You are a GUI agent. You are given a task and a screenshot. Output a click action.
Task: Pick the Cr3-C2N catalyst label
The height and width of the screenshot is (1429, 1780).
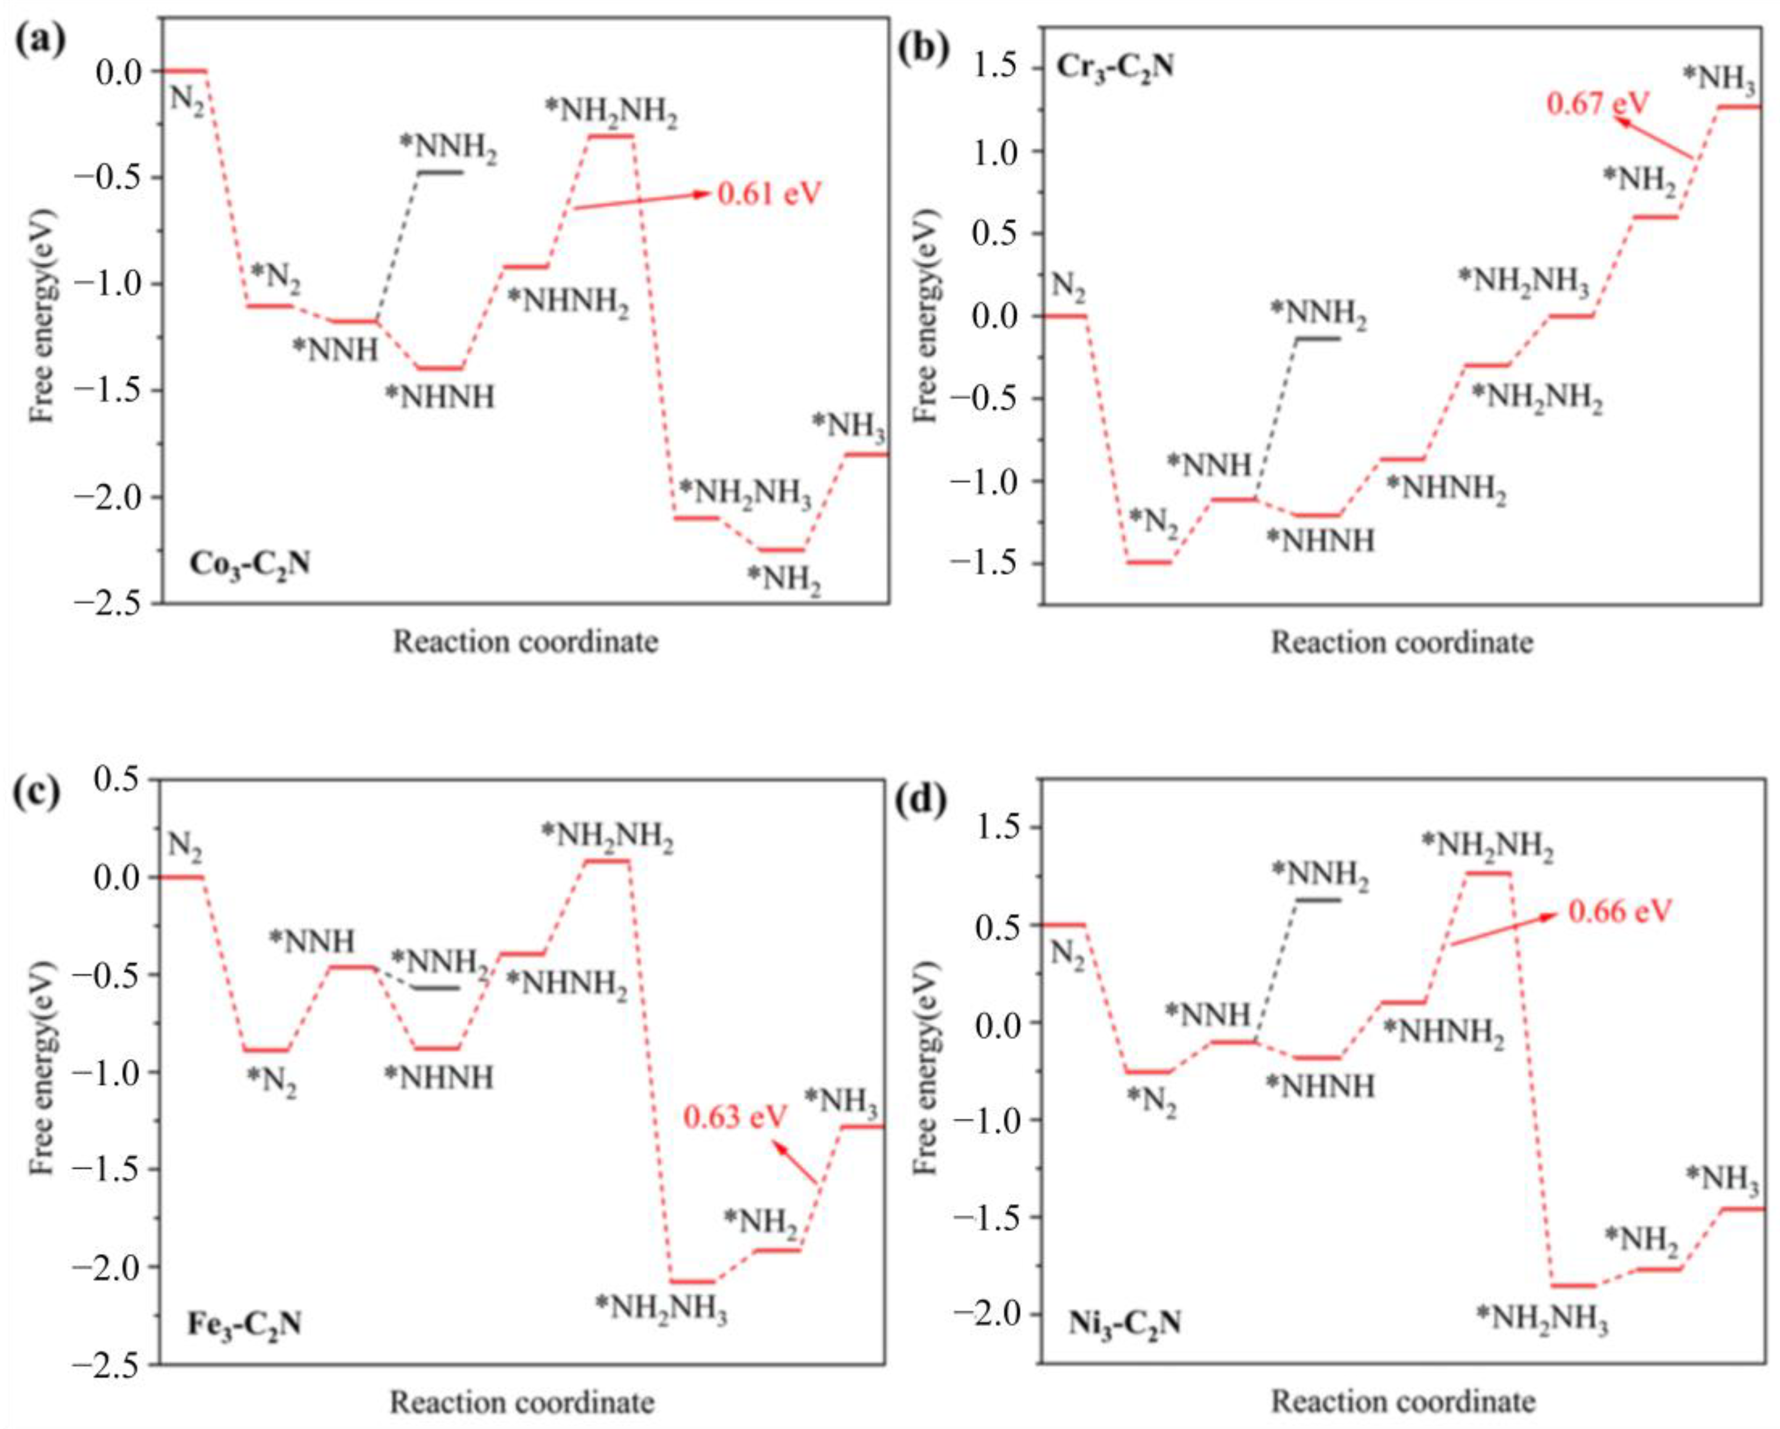[1115, 66]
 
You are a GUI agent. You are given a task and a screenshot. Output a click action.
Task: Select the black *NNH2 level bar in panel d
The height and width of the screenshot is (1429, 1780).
[1318, 899]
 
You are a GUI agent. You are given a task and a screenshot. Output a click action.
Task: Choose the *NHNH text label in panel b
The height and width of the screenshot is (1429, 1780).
[1321, 541]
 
